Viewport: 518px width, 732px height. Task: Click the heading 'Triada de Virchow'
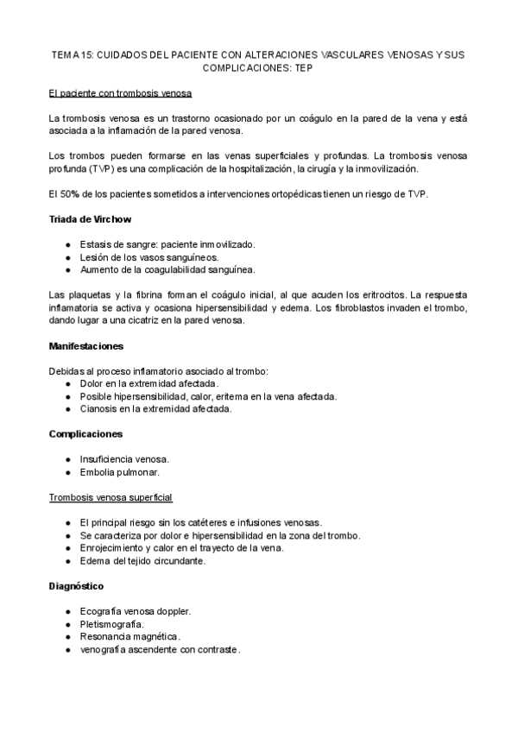click(x=90, y=219)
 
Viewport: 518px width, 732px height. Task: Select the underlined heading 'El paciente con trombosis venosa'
click(x=120, y=92)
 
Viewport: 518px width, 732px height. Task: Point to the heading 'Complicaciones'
click(x=85, y=433)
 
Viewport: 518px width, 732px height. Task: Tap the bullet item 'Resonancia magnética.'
click(x=129, y=637)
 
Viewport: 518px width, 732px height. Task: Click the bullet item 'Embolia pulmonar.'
click(x=119, y=472)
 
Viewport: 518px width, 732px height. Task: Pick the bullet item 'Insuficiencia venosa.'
click(x=124, y=459)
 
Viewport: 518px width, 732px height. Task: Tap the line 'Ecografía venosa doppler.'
click(x=135, y=611)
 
